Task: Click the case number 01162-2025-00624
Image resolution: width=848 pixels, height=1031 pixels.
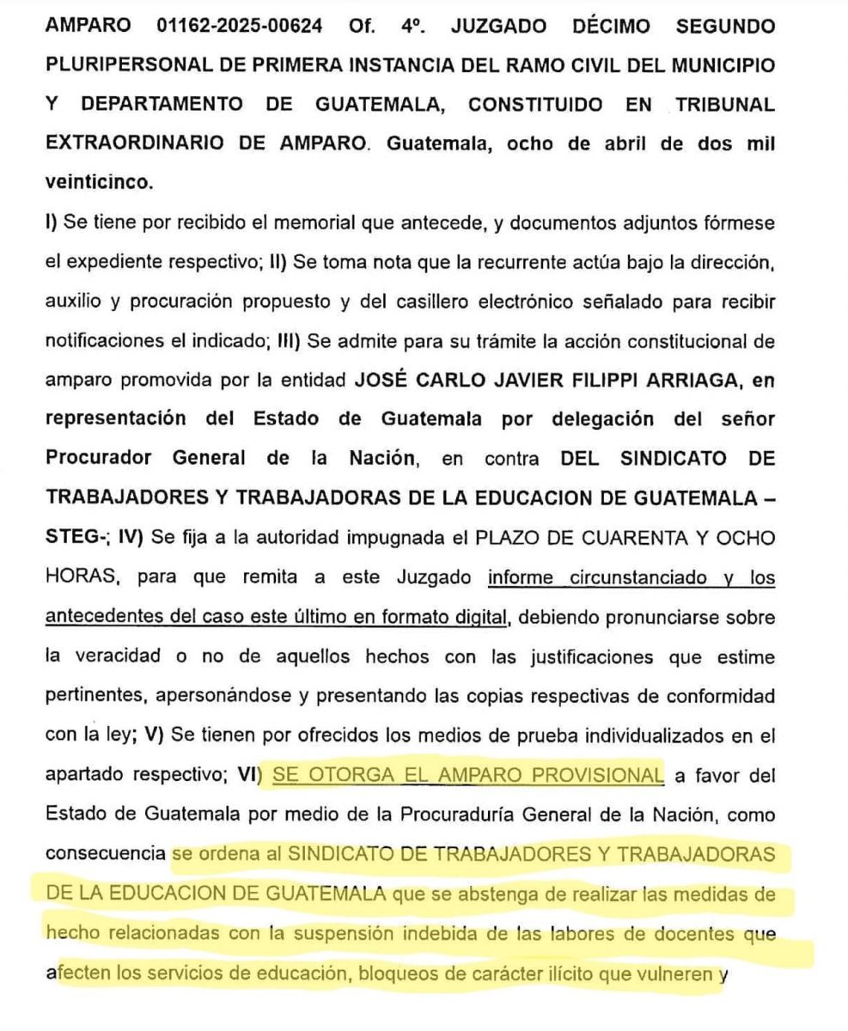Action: [241, 26]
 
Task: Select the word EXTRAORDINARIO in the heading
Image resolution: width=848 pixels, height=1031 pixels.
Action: [137, 143]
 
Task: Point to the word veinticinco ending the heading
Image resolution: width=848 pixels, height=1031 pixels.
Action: [98, 182]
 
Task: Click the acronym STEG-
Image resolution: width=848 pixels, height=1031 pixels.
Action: [76, 539]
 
